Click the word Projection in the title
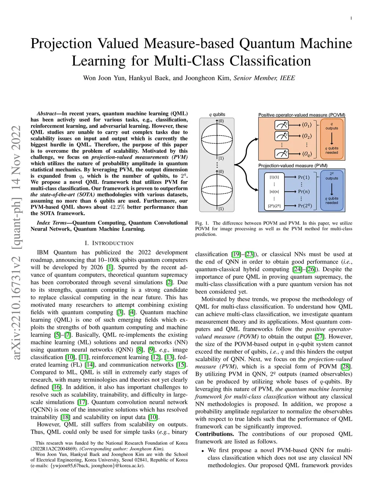coord(61,43)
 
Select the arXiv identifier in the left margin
coord(16,243)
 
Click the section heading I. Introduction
coord(109,243)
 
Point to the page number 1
coord(351,18)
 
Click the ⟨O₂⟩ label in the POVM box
coord(307,136)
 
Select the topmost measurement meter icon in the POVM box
coord(281,125)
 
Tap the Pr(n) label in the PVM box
coord(304,192)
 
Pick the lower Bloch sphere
coord(217,190)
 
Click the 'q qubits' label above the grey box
coord(217,115)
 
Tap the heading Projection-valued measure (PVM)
coord(293,165)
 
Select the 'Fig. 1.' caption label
coord(202,223)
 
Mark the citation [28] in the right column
coord(346,366)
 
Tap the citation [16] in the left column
coord(56,387)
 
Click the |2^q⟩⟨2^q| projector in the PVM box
coord(274,206)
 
